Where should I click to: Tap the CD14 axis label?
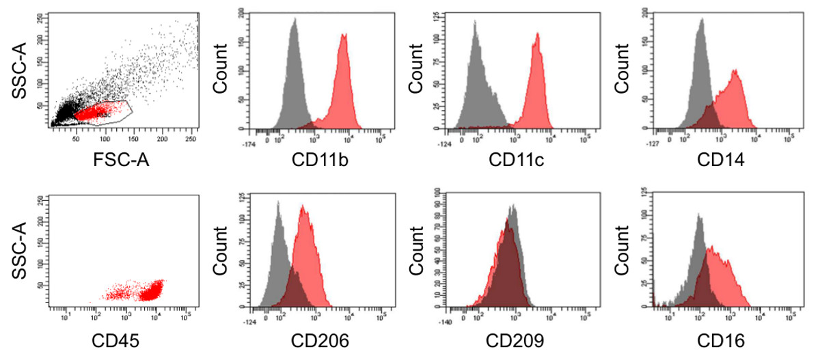[716, 161]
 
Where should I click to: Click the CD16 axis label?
[716, 340]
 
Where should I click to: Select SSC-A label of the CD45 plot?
[20, 249]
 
